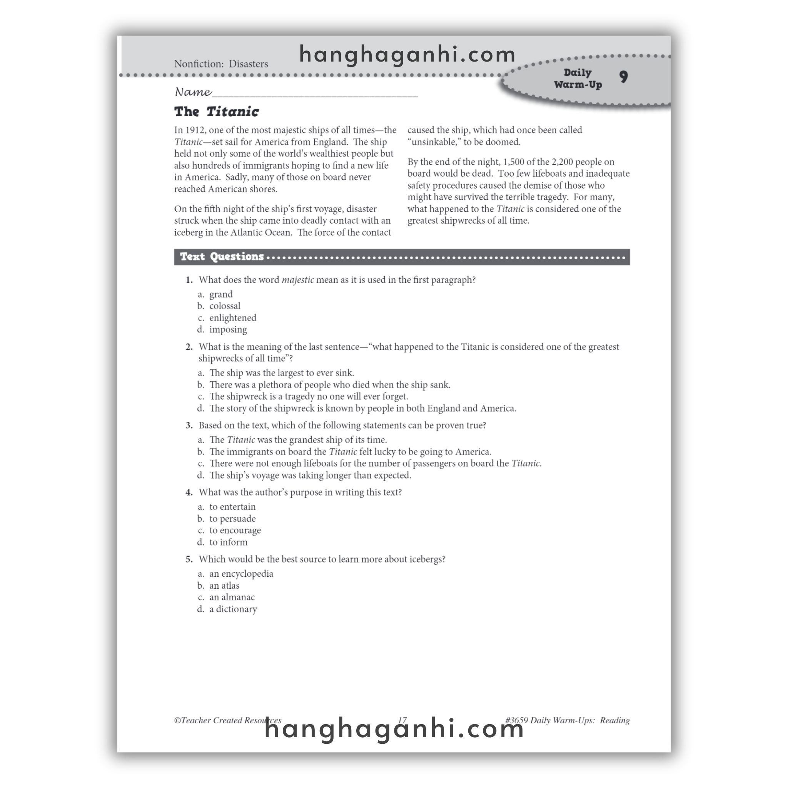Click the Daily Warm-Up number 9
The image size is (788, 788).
[x=623, y=77]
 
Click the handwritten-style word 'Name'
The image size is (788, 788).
[x=193, y=92]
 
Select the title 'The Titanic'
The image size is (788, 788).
[x=216, y=112]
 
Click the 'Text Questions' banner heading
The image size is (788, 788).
[x=222, y=257]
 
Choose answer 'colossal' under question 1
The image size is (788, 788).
[x=225, y=306]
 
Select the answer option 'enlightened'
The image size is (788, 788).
[x=232, y=318]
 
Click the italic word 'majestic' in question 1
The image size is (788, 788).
[x=298, y=280]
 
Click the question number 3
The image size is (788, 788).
[x=189, y=426]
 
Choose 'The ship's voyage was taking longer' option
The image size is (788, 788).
[x=310, y=475]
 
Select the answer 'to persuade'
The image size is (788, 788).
[x=232, y=519]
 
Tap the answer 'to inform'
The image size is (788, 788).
[x=229, y=542]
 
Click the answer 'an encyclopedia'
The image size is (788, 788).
[x=241, y=574]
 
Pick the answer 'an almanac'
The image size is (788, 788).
[x=232, y=597]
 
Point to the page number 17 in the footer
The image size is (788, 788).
[x=402, y=720]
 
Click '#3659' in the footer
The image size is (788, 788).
[x=516, y=720]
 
